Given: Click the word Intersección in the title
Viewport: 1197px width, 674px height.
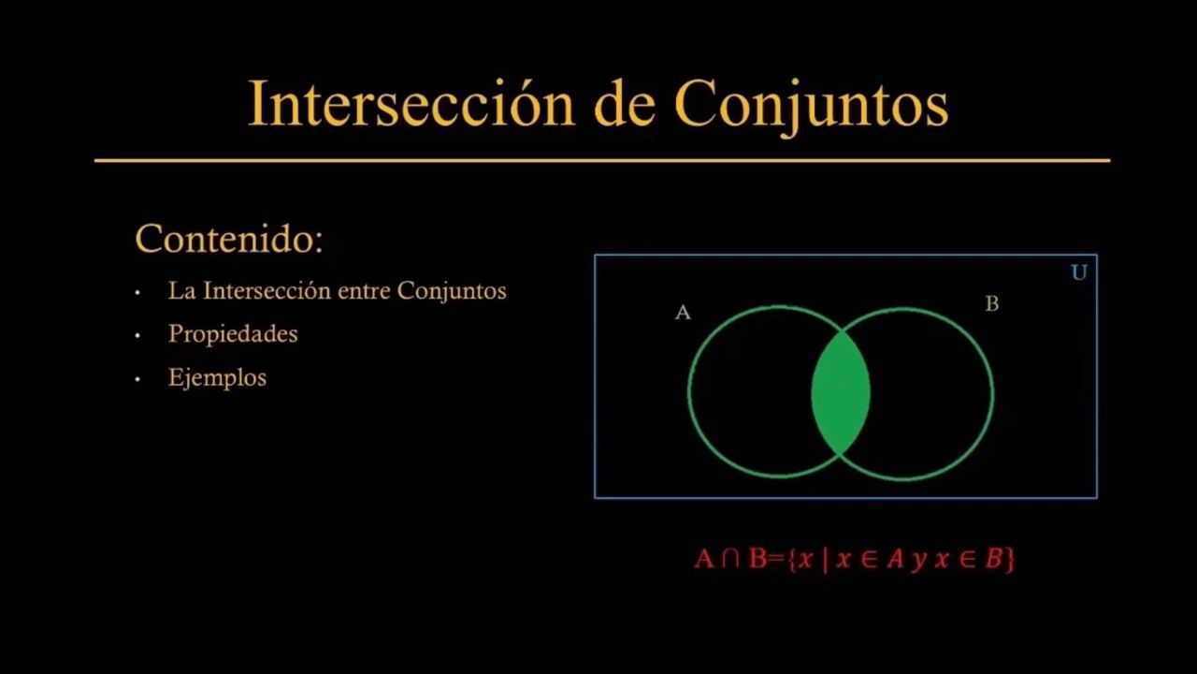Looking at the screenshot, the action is pyautogui.click(x=411, y=103).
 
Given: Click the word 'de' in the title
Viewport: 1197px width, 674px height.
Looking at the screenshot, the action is pyautogui.click(x=625, y=103).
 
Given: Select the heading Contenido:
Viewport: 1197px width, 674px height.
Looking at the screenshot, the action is pyautogui.click(x=229, y=239).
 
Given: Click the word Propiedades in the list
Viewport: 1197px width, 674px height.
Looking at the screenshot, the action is pyautogui.click(x=233, y=334).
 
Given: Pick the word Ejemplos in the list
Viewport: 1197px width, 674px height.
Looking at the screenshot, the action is pyautogui.click(x=218, y=377).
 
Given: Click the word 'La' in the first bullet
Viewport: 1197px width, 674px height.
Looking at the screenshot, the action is pyautogui.click(x=181, y=291).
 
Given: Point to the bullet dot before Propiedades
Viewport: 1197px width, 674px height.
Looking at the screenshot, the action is pyautogui.click(x=137, y=336).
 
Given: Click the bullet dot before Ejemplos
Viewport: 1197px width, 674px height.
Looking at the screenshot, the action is pyautogui.click(x=137, y=379).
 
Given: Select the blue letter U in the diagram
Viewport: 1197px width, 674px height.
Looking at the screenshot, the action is pyautogui.click(x=1079, y=272).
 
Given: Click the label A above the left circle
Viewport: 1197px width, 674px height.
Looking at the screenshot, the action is pyautogui.click(x=683, y=313).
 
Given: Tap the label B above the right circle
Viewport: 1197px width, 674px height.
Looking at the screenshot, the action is pyautogui.click(x=992, y=304).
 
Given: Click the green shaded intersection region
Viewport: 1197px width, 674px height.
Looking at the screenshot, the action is pyautogui.click(x=841, y=393).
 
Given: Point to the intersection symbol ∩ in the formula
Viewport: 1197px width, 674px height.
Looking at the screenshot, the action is pyautogui.click(x=730, y=559).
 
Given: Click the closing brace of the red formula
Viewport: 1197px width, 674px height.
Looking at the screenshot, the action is pyautogui.click(x=1009, y=560).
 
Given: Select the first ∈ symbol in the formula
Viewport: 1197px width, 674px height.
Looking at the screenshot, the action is pyautogui.click(x=870, y=560).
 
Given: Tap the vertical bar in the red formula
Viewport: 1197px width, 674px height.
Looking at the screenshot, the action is pyautogui.click(x=826, y=560).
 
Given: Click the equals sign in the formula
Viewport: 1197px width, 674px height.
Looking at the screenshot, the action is pyautogui.click(x=777, y=560).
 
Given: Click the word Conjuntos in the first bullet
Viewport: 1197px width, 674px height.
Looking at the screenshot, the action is pyautogui.click(x=452, y=292).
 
